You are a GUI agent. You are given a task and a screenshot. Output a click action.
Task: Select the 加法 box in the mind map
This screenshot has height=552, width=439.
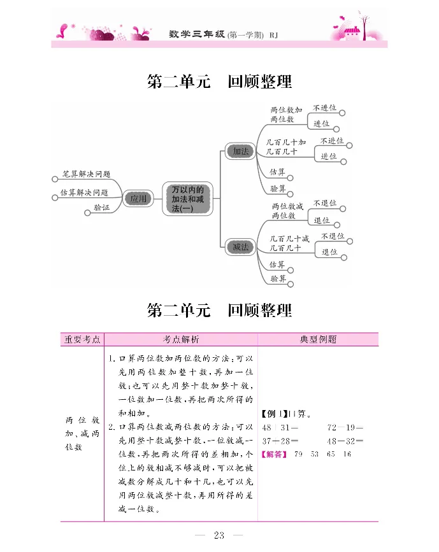pyautogui.click(x=240, y=152)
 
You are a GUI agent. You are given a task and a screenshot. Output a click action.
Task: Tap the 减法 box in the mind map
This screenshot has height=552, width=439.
pyautogui.click(x=240, y=246)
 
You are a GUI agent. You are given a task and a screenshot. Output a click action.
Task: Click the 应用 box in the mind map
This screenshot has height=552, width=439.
pyautogui.click(x=138, y=199)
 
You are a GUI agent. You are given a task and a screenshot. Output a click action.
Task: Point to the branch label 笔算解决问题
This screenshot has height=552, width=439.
pyautogui.click(x=86, y=173)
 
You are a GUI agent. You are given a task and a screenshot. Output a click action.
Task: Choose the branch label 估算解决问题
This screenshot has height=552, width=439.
pyautogui.click(x=84, y=192)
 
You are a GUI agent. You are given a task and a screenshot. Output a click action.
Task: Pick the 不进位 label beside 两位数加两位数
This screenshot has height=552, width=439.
pyautogui.click(x=324, y=108)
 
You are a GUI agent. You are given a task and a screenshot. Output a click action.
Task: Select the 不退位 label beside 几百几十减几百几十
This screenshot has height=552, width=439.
pyautogui.click(x=332, y=236)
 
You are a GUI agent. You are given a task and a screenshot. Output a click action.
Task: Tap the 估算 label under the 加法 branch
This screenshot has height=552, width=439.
pyautogui.click(x=277, y=172)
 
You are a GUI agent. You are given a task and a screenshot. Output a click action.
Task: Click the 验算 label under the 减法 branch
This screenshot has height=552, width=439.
pyautogui.click(x=277, y=278)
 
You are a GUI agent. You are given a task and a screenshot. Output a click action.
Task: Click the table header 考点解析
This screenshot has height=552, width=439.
pyautogui.click(x=181, y=339)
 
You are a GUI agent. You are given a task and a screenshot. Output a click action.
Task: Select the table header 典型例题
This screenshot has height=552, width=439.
pyautogui.click(x=318, y=339)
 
